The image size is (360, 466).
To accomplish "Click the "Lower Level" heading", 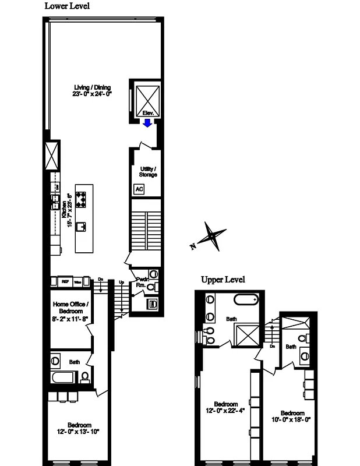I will pos(67,6).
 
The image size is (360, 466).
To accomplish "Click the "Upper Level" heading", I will pos(223,280).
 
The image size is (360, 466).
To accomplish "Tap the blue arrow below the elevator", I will pos(148,122).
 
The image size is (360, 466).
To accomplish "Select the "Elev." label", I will pos(147,112).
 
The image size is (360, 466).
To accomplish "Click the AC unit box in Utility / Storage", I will pos(139,189).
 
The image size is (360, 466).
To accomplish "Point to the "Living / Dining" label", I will pos(92,87).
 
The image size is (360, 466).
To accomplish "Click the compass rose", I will pos(210,236).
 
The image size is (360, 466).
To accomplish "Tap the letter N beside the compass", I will pos(192,247).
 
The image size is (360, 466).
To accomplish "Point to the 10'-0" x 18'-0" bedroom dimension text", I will pos(291,419).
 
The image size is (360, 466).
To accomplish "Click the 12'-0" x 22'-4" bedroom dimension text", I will pos(225,411).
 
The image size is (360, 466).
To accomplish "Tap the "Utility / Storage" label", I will pos(148,171).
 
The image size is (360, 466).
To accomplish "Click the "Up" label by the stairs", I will pos(122,283).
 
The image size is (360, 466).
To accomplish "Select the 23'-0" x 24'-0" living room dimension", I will pos(92,94).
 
